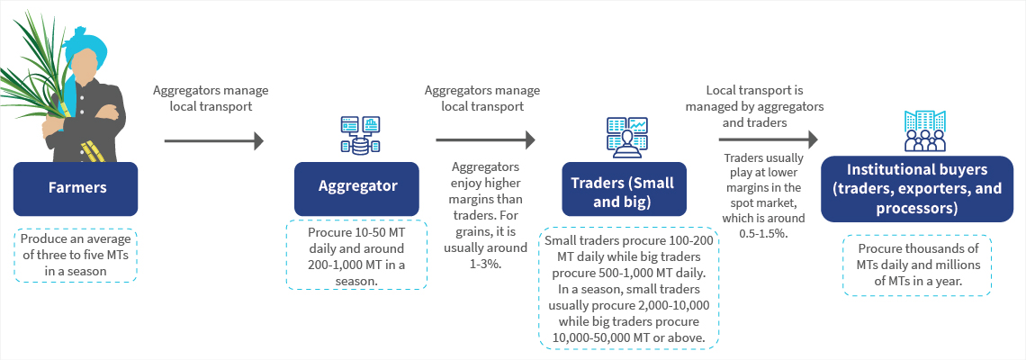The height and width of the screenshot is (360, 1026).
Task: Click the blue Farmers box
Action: (x=76, y=189)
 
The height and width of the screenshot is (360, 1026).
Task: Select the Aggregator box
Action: (x=356, y=189)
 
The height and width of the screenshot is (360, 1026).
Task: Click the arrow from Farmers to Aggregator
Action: (x=213, y=140)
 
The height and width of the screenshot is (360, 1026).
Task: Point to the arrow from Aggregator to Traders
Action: (x=485, y=140)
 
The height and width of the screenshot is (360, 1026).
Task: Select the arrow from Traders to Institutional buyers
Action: (x=768, y=140)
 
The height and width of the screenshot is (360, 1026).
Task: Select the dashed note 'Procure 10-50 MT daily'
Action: (x=356, y=256)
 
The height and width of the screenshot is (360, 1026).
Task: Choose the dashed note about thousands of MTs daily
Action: (x=916, y=265)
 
